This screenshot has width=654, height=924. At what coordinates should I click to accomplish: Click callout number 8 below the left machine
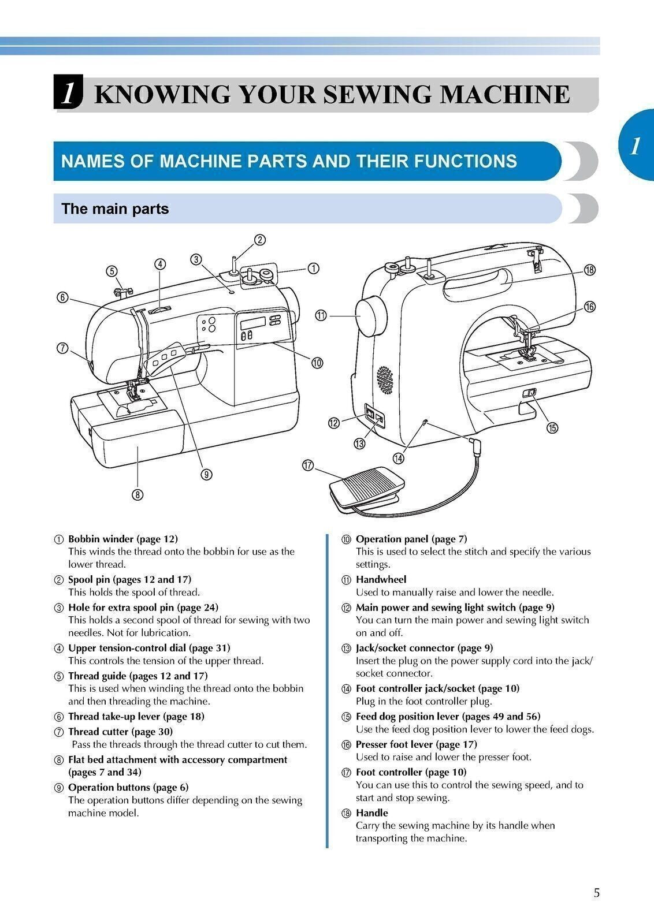point(138,494)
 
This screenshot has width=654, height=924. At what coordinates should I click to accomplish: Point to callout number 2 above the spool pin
point(259,240)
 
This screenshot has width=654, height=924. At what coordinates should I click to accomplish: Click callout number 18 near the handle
point(589,270)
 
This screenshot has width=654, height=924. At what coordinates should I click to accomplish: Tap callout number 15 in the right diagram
point(552,427)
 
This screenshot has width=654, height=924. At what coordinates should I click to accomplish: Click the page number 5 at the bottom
point(596,893)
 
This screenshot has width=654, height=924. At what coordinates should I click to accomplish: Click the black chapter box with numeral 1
point(67,93)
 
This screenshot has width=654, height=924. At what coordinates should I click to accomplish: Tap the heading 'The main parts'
point(115,208)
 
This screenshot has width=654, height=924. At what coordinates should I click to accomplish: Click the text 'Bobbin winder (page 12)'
point(123,539)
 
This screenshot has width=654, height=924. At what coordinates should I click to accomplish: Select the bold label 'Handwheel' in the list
point(381,579)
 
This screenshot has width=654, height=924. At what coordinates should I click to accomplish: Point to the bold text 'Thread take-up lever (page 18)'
point(136,716)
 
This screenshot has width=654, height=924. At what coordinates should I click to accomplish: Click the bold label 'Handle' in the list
point(371,813)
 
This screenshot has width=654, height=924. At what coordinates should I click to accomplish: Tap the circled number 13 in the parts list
point(346,649)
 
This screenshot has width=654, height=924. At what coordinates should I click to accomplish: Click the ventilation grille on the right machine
point(384,379)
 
